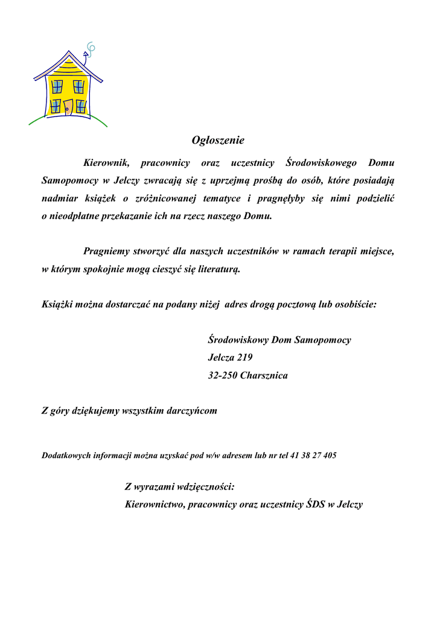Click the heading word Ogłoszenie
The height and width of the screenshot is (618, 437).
click(x=218, y=141)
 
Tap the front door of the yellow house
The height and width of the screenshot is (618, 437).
click(x=68, y=107)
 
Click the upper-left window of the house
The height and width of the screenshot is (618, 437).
click(x=57, y=86)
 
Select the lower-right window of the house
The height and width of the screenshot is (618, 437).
click(x=80, y=106)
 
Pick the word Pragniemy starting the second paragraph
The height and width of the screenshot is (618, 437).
click(x=106, y=252)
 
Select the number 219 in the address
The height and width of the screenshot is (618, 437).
click(x=244, y=357)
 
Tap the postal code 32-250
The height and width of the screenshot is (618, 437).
click(x=222, y=375)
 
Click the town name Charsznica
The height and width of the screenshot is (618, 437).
click(x=264, y=375)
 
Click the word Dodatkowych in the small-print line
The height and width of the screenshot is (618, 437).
click(x=66, y=456)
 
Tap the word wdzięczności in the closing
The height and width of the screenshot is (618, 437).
click(x=200, y=486)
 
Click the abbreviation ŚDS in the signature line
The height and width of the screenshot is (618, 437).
click(x=314, y=505)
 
